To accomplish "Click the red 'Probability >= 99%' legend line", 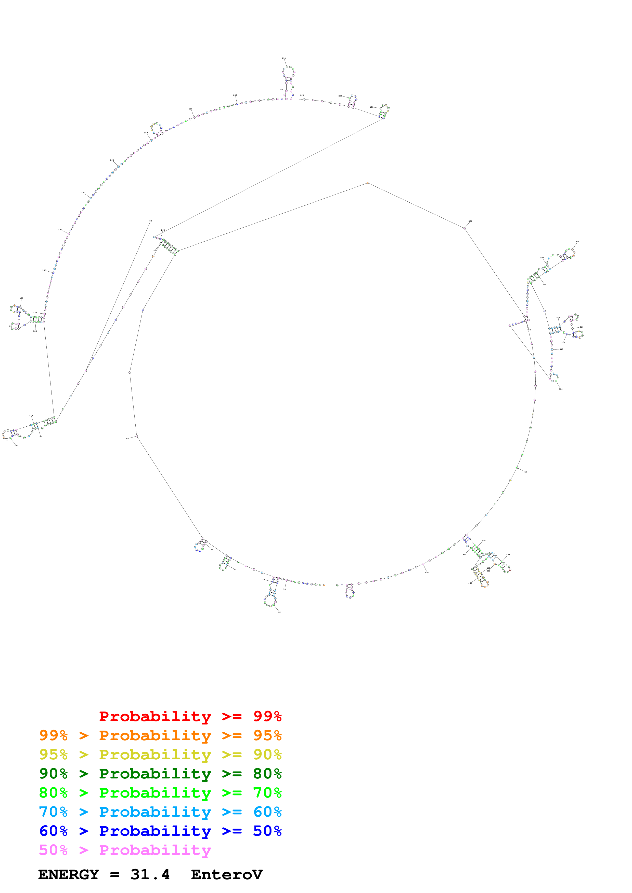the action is point(190,716).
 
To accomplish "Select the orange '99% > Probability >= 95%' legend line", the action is point(160,735).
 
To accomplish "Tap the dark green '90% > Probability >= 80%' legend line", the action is point(160,774).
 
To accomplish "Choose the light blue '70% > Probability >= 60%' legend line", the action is point(160,812).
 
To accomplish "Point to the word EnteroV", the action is point(227,874).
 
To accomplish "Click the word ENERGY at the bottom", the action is point(69,874).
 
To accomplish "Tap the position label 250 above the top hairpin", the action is point(284,58).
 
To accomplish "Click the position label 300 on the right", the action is point(470,221).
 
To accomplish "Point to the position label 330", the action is point(577,242).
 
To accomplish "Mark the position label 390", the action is point(561,389).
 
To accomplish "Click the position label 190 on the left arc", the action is point(112,160).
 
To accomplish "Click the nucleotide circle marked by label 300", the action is point(464,229).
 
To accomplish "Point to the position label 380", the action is point(561,349).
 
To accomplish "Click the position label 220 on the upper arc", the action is point(190,109).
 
